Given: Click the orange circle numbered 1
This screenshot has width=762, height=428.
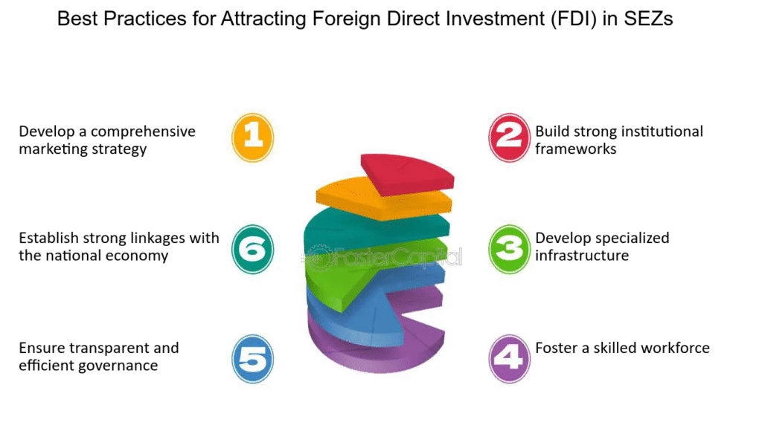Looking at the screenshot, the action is pos(252,137).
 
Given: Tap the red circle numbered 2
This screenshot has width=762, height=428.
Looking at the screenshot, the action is pos(509,137).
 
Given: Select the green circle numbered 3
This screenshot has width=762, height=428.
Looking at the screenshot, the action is pos(509,249).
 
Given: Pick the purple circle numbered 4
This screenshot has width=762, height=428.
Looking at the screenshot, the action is pos(509,359).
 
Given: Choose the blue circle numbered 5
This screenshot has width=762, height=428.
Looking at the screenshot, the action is pos(252,359).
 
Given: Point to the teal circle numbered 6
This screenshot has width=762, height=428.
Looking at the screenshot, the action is pos(252,249).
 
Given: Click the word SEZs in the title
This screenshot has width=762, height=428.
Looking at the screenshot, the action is pos(648,19).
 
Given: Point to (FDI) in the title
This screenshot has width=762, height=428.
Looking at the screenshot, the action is pos(574,19).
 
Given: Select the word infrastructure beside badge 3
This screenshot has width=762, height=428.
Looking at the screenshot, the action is pos(582,256).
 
